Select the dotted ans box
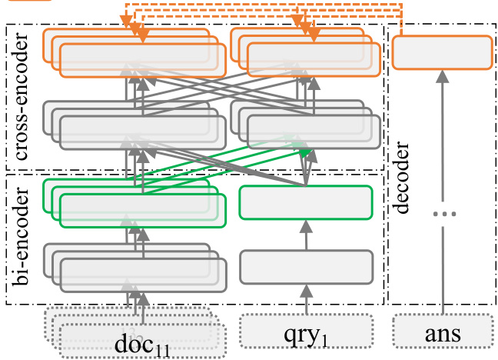(x=441, y=332)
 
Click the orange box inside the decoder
(x=441, y=53)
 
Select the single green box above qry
(x=306, y=202)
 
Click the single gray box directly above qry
(x=306, y=267)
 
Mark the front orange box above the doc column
(x=143, y=60)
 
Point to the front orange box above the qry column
(x=309, y=60)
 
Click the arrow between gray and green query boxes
(x=306, y=234)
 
